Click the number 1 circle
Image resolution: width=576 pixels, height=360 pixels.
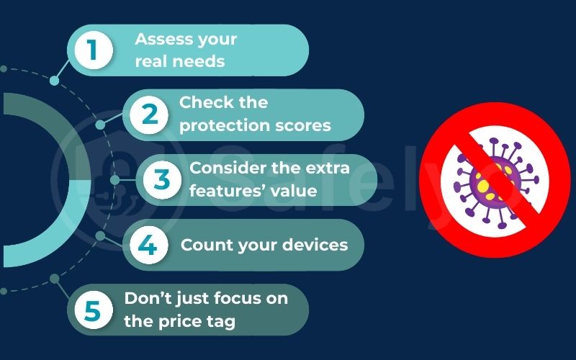(x=92, y=50)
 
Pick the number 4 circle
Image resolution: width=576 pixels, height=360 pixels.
(x=148, y=246)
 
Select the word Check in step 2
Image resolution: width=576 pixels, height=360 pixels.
(x=203, y=102)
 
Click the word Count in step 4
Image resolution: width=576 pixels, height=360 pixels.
(x=204, y=245)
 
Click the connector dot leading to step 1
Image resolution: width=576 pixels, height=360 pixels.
(x=55, y=81)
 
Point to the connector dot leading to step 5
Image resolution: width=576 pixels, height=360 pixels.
(x=55, y=278)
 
